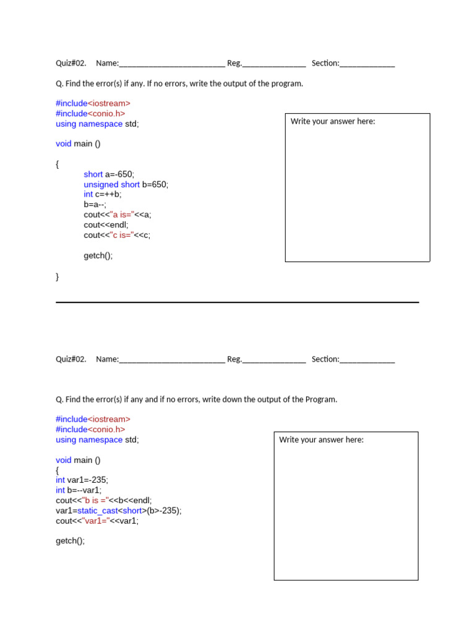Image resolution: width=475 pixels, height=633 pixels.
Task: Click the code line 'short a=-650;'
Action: coord(109,174)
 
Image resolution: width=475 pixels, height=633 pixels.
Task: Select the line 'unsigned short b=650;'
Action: coord(126,184)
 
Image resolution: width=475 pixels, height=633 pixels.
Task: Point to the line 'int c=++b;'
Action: coord(103,194)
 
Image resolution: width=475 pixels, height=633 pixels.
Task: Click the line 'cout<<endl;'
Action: coord(106,225)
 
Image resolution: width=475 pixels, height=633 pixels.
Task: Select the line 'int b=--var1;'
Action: coord(79,490)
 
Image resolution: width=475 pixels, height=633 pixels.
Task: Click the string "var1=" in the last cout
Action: coord(95,520)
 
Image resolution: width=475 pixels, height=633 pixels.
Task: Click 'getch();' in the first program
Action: coord(98,255)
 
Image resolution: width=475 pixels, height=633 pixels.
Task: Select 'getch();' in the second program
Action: coord(70,541)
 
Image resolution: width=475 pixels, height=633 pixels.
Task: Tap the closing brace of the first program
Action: coord(58,277)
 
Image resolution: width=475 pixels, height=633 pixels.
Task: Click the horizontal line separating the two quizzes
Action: coord(237,302)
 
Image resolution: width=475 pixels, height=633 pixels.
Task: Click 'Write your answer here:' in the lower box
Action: coord(321,440)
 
